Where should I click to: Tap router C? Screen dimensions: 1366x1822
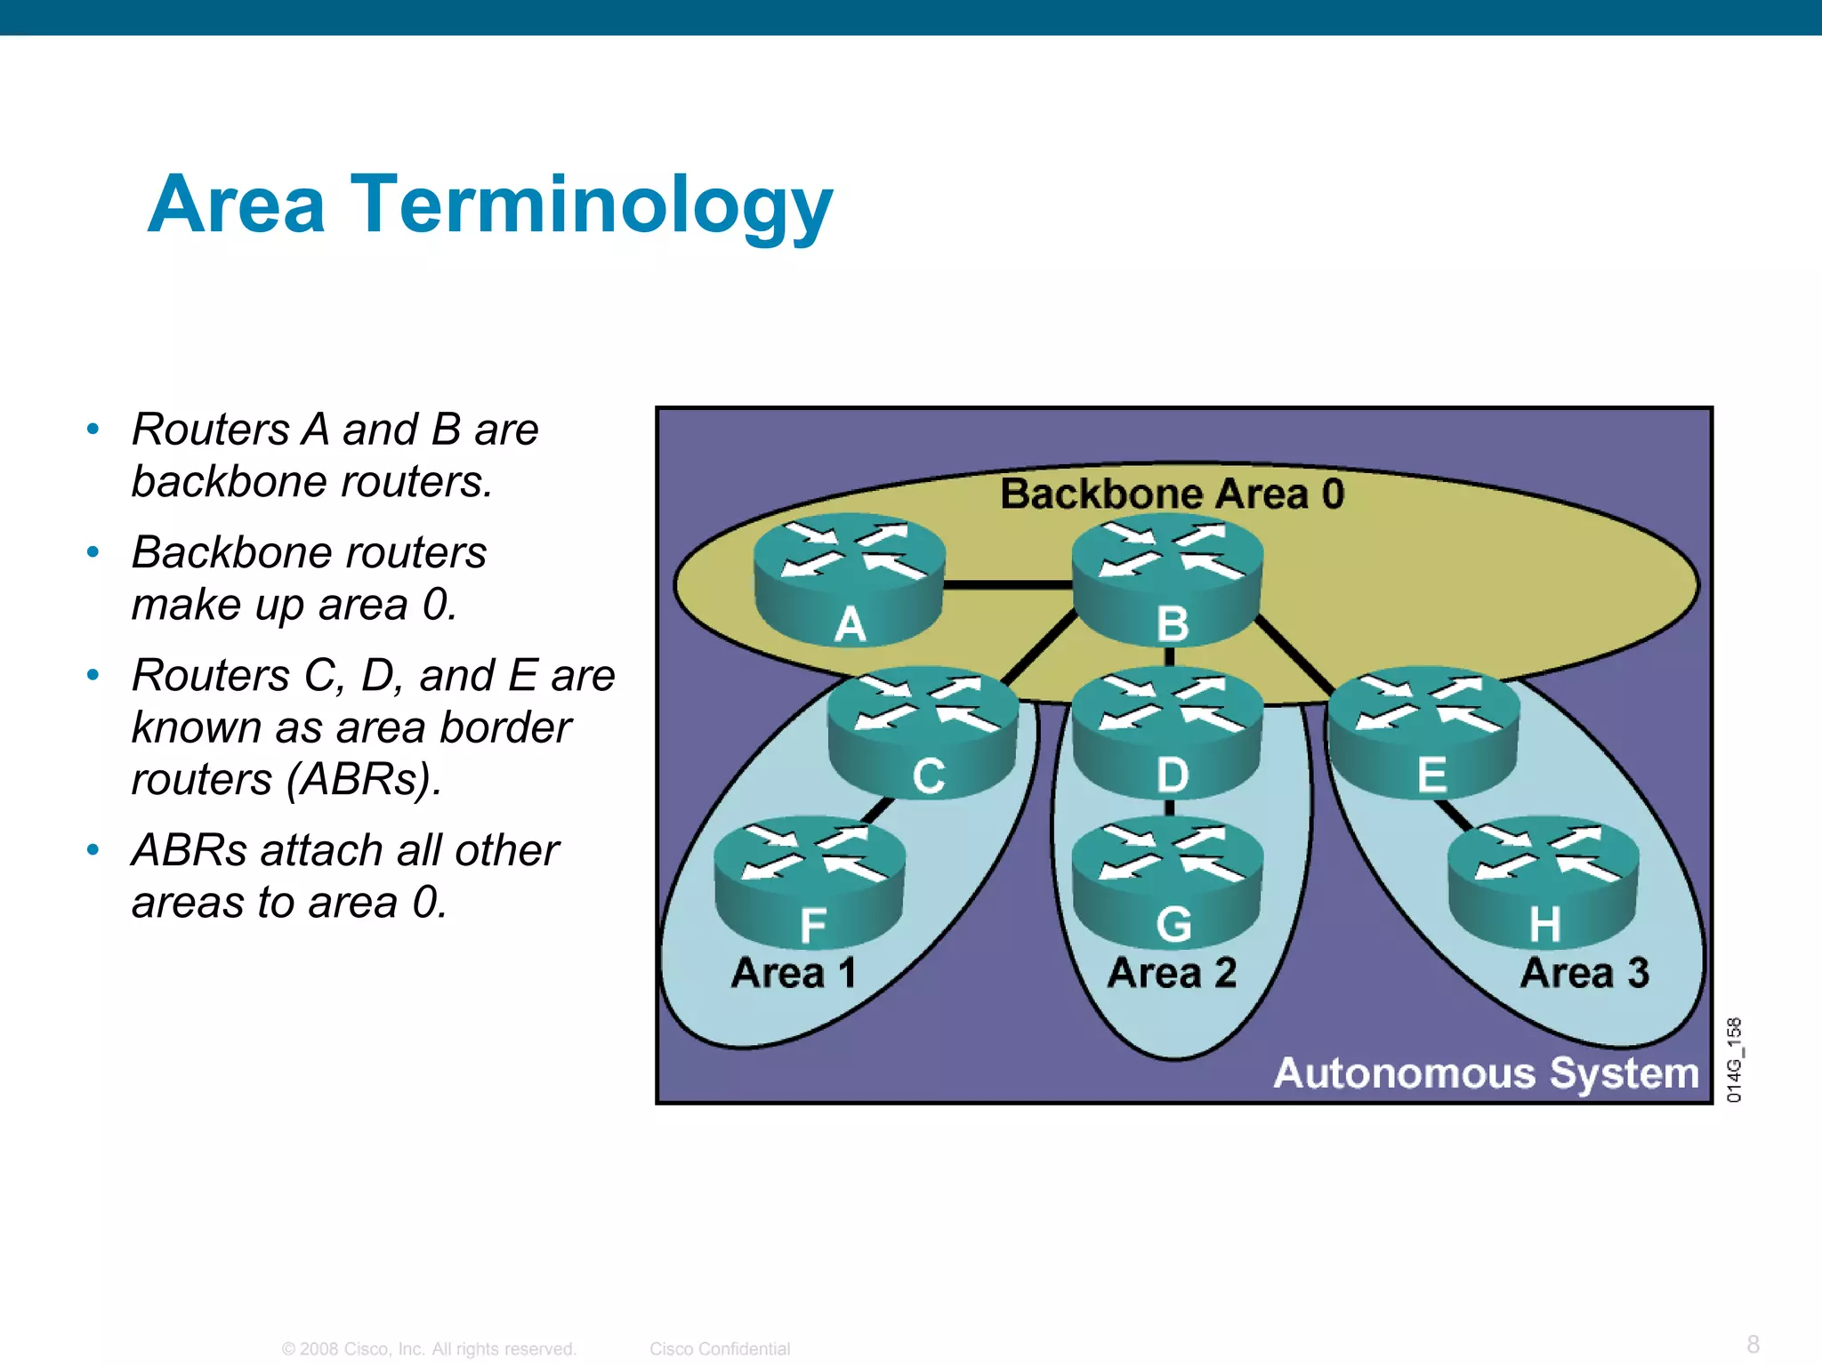click(923, 733)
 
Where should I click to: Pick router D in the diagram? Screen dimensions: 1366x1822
click(1167, 733)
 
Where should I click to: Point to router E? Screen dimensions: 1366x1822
click(1423, 733)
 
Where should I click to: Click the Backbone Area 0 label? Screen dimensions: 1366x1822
click(1172, 494)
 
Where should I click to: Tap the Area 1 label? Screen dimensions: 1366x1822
click(794, 972)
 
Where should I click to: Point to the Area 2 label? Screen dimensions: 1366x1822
click(1172, 972)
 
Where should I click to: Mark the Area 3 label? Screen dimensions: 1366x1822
click(1584, 972)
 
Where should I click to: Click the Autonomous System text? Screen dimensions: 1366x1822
click(1486, 1073)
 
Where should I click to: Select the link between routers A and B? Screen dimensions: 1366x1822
click(1008, 585)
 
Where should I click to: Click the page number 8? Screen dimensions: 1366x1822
click(1753, 1344)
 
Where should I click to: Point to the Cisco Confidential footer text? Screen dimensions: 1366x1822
click(719, 1349)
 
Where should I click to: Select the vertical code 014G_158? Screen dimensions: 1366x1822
click(1735, 1060)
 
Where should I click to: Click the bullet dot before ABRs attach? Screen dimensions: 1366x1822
click(93, 850)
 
